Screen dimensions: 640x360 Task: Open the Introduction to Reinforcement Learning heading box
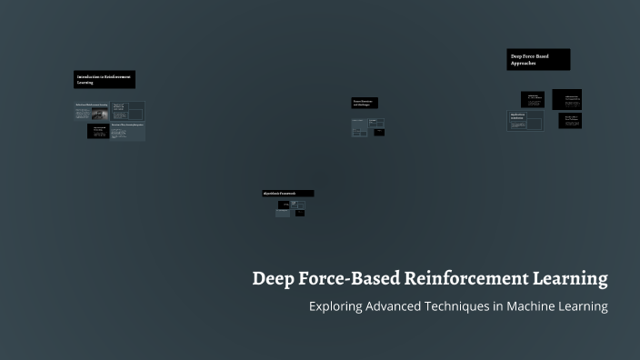click(105, 79)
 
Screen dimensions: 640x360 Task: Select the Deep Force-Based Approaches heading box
click(538, 59)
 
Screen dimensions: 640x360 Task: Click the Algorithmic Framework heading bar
click(287, 194)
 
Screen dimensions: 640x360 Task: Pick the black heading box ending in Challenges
click(365, 103)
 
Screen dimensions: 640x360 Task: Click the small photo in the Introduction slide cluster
click(91, 113)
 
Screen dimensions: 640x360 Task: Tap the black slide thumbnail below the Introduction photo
click(98, 132)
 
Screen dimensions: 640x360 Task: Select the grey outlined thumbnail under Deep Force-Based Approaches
click(525, 121)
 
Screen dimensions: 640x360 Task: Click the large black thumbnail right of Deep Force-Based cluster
click(566, 99)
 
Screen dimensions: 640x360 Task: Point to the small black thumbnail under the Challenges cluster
click(379, 133)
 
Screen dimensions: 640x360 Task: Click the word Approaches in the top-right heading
click(524, 64)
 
